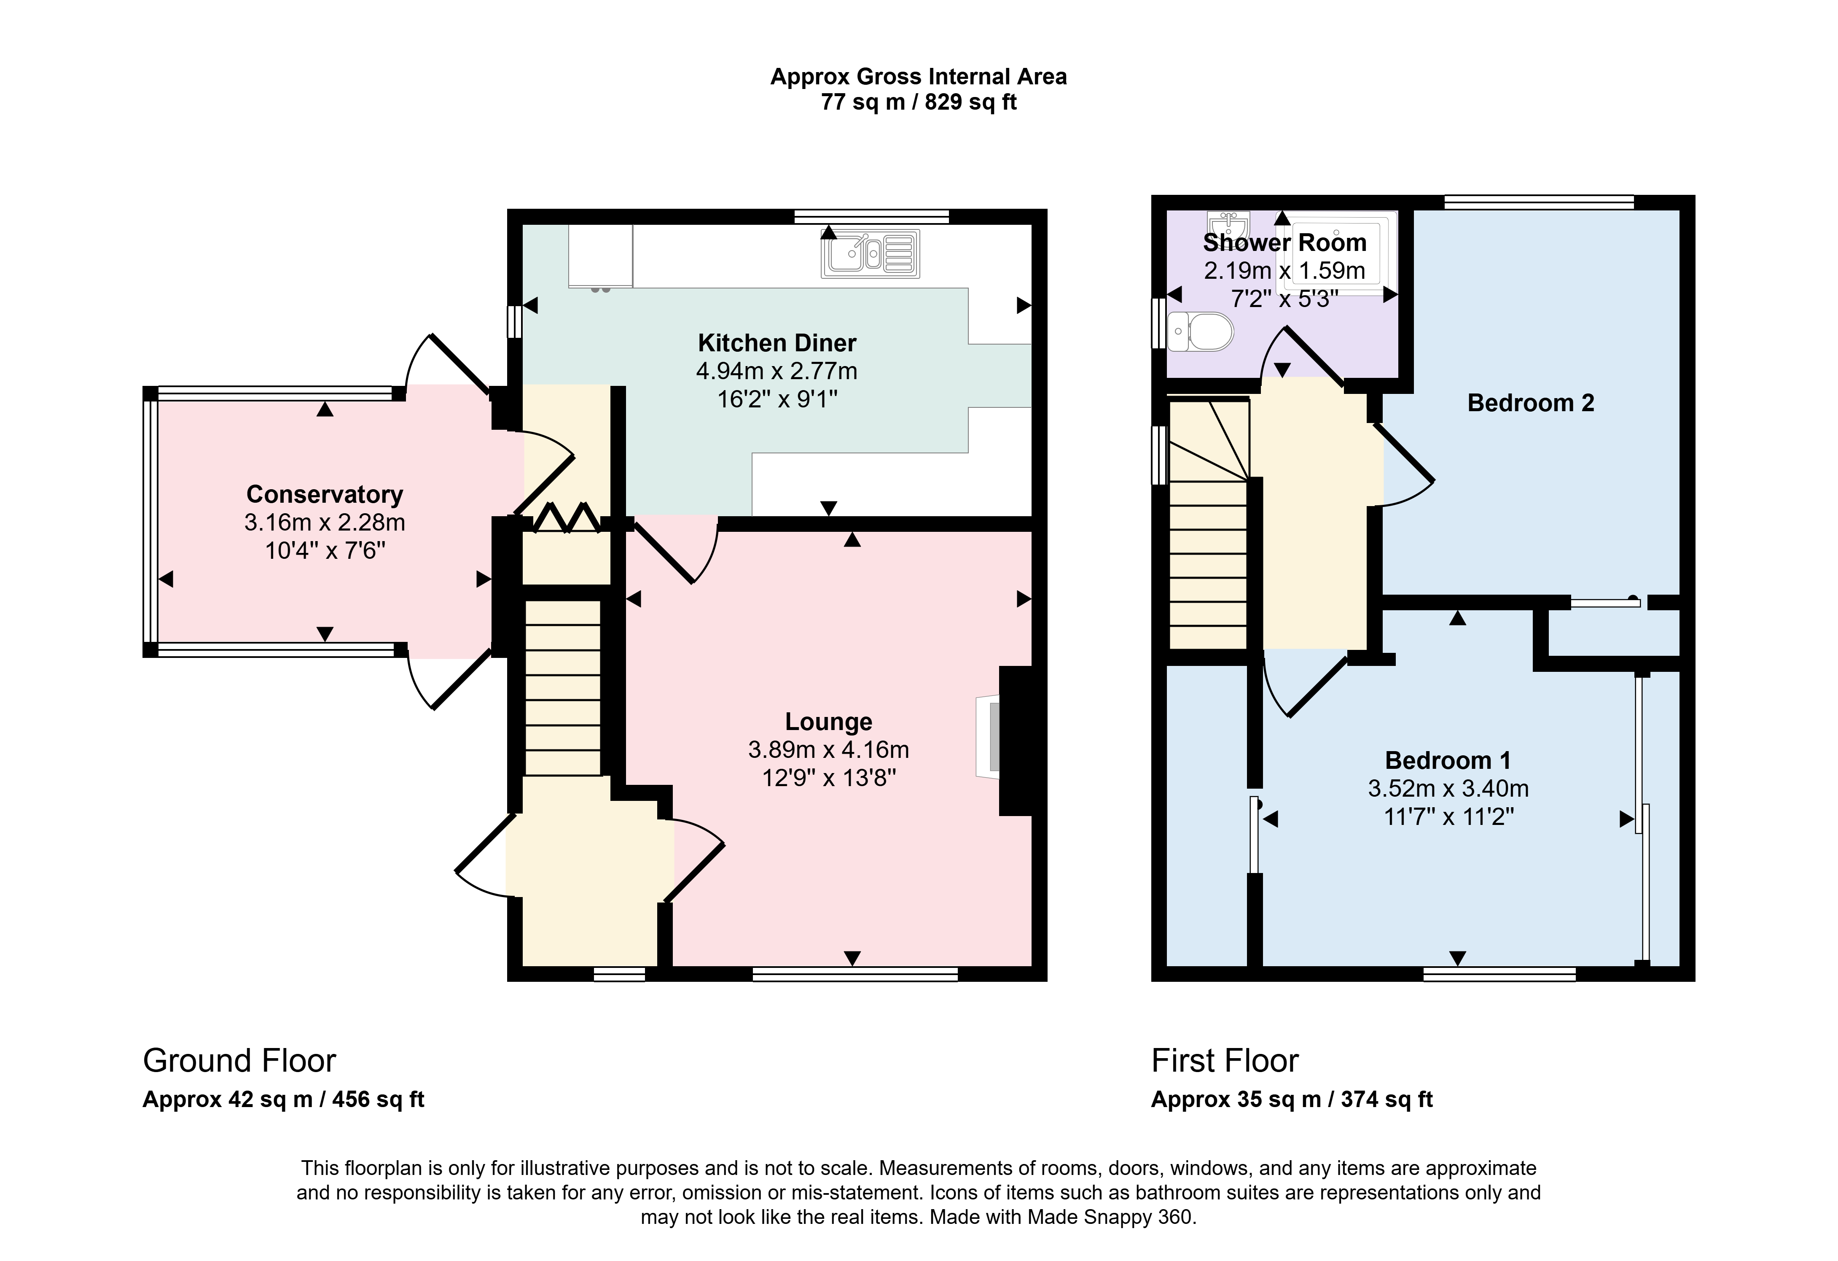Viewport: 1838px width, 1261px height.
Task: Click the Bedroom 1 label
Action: coord(1448,760)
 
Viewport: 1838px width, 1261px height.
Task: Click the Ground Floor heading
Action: coord(239,1061)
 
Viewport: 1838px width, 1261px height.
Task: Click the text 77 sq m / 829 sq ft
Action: coord(919,102)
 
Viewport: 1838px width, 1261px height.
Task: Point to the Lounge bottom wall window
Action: coord(855,974)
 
